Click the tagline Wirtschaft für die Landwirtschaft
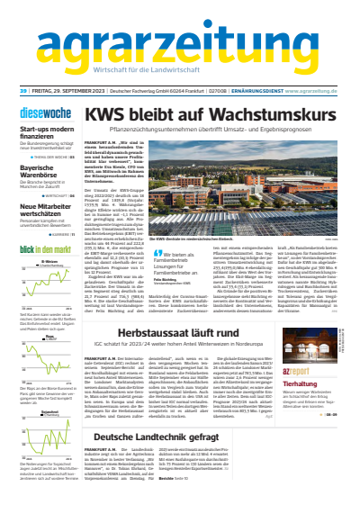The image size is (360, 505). click(x=180, y=72)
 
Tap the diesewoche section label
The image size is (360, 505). click(x=42, y=114)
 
